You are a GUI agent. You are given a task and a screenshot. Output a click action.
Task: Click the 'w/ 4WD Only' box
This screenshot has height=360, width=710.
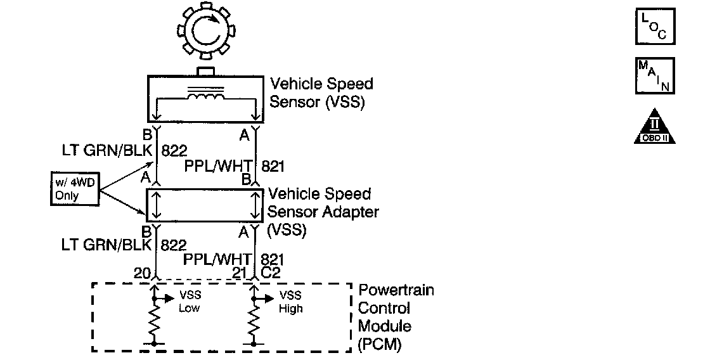[x=74, y=189]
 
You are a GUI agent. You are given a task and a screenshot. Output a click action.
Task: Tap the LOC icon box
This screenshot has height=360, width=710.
[x=655, y=26]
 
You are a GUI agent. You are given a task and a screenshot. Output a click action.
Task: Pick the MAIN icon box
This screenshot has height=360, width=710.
[x=655, y=75]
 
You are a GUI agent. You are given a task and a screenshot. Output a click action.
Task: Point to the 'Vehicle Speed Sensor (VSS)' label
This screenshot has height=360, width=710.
[x=321, y=93]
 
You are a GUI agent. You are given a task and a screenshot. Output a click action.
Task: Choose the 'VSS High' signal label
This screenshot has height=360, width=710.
[x=290, y=302]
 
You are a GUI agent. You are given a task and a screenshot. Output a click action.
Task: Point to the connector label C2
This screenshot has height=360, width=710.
[x=271, y=274]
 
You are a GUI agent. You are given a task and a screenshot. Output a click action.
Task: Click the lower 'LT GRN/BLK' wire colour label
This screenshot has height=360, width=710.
[x=106, y=243]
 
